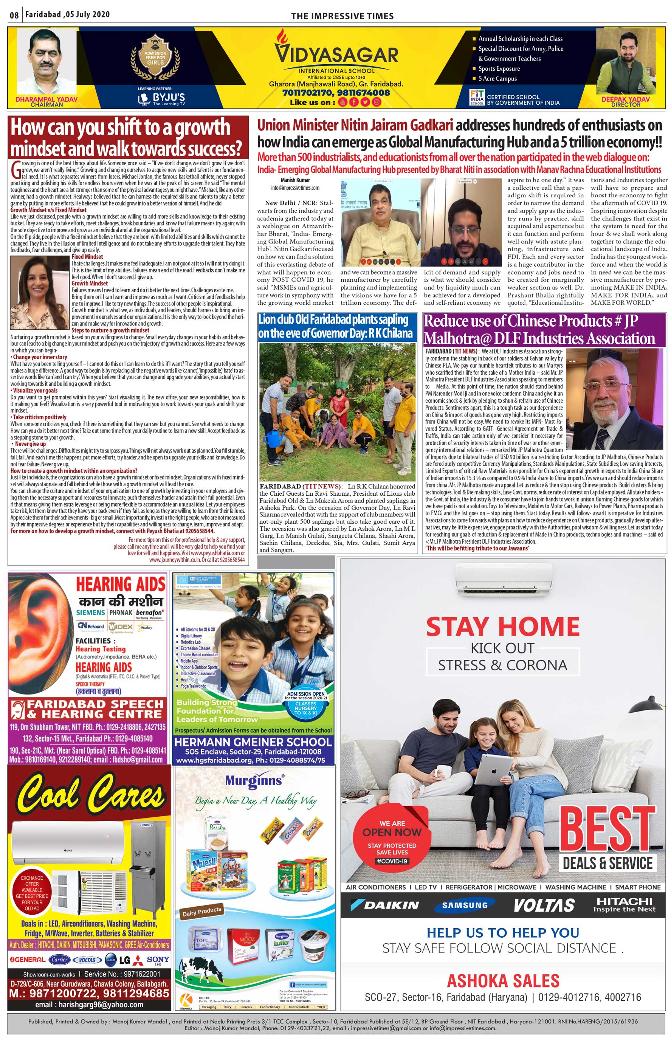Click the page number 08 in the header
(14, 15)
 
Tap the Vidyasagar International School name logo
(336, 54)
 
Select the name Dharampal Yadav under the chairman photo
(46, 99)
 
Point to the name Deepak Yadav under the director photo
(625, 99)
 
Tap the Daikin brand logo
(385, 905)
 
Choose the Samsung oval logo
(465, 905)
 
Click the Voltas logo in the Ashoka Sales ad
(544, 905)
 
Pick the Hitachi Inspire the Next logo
(624, 904)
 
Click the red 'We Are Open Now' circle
(392, 839)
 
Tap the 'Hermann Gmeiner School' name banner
(253, 742)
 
